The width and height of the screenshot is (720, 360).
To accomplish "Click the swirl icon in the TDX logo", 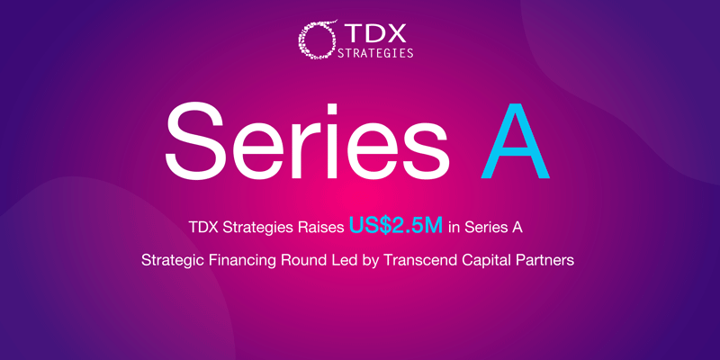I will coord(316,40).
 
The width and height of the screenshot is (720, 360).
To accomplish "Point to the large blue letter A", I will coord(515,144).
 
